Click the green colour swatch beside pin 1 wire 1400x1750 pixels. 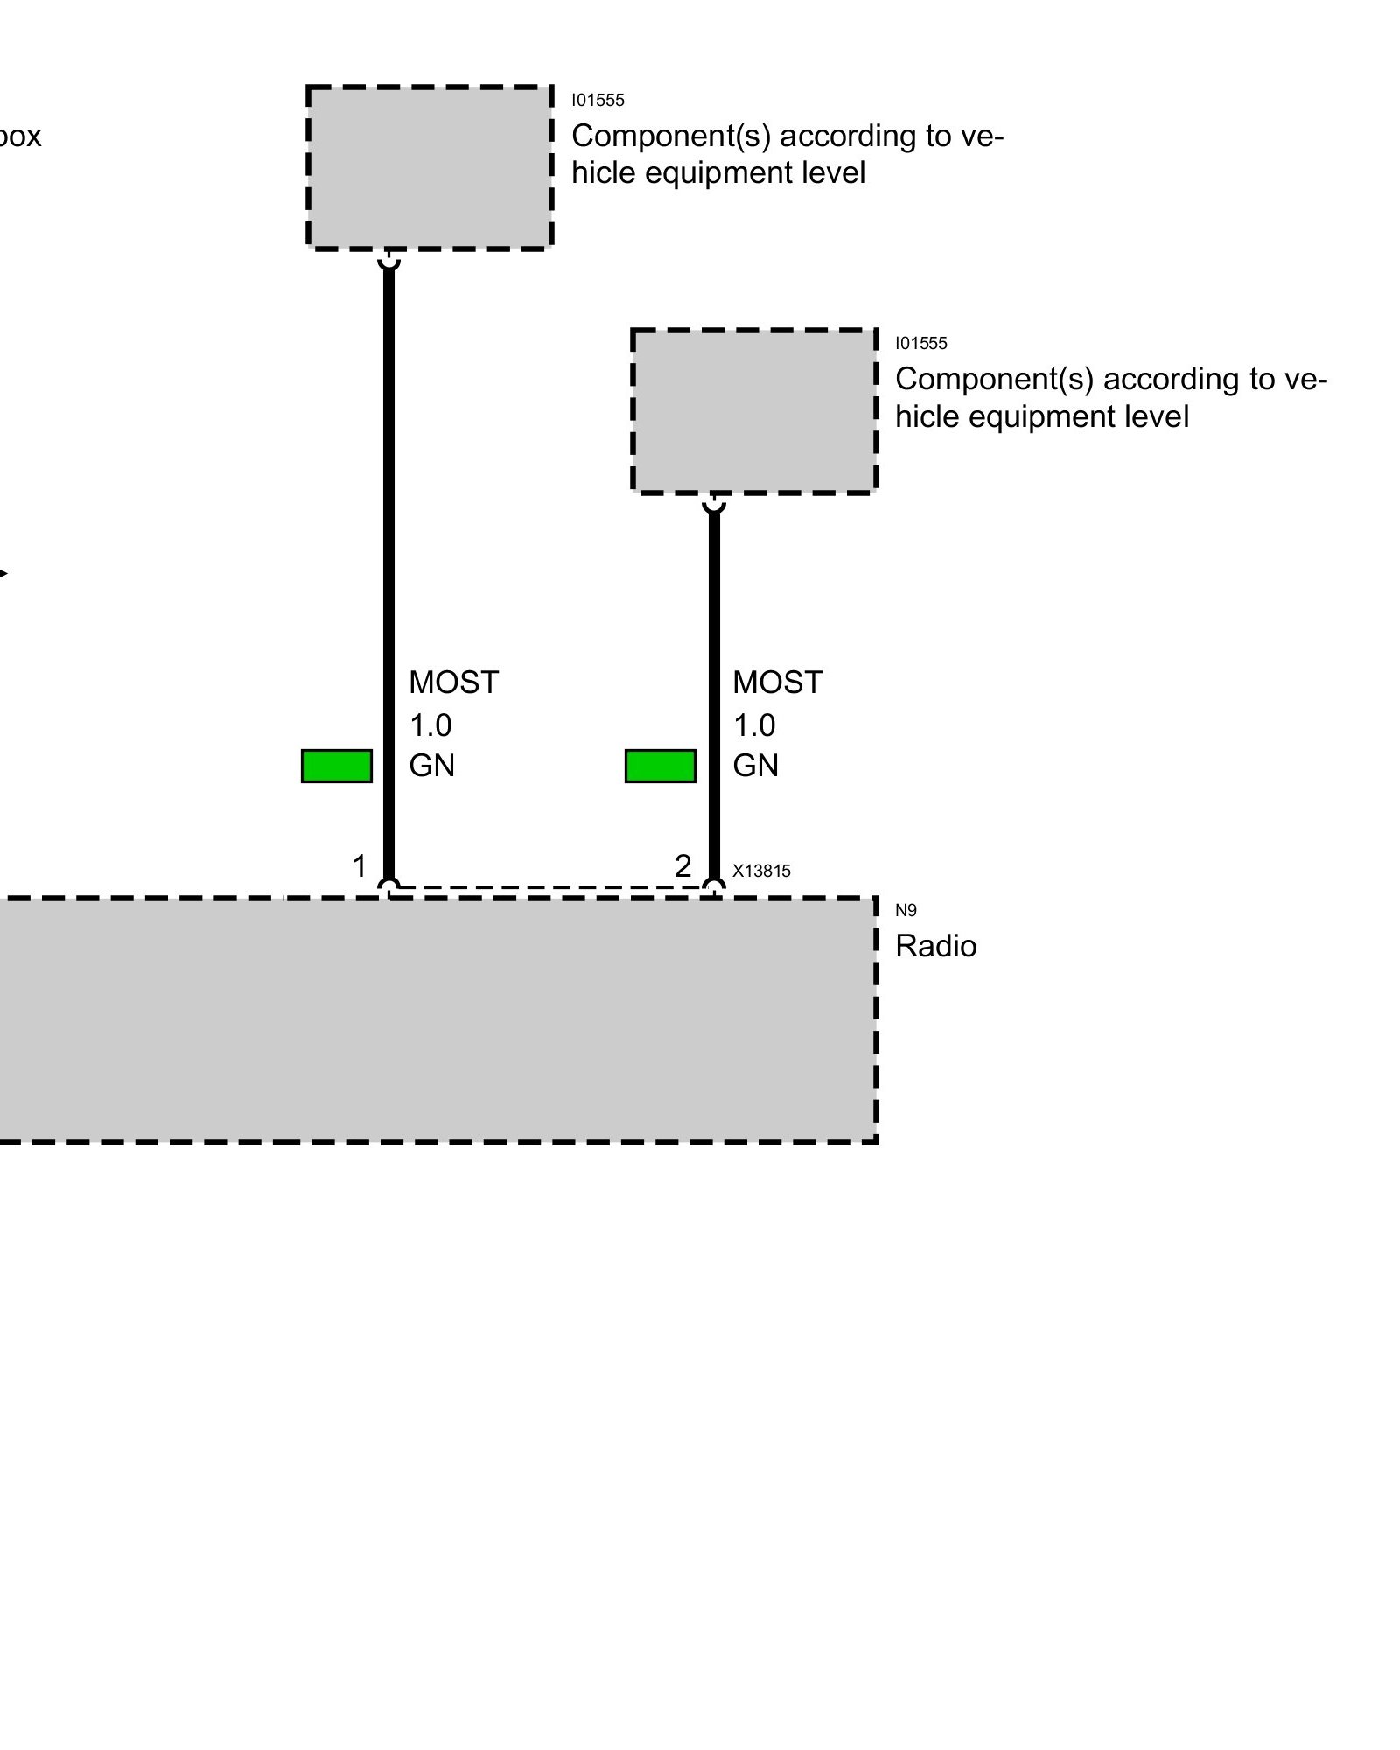337,766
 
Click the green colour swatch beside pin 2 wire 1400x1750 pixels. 661,766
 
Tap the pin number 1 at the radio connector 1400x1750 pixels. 359,866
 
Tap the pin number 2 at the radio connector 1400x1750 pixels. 683,866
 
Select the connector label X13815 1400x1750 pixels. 761,871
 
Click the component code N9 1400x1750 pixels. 906,910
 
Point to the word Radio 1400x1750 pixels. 935,946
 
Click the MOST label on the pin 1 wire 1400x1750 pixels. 453,682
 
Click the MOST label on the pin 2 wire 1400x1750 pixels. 777,682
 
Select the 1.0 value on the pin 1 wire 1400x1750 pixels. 430,725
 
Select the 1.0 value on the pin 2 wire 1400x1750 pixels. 754,725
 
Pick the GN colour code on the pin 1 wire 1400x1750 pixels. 431,766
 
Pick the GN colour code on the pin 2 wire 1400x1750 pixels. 755,766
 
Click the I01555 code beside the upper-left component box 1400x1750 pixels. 598,100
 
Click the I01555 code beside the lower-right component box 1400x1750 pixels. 920,343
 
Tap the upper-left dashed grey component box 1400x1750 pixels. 430,167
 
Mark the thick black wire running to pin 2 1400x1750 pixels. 714,612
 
